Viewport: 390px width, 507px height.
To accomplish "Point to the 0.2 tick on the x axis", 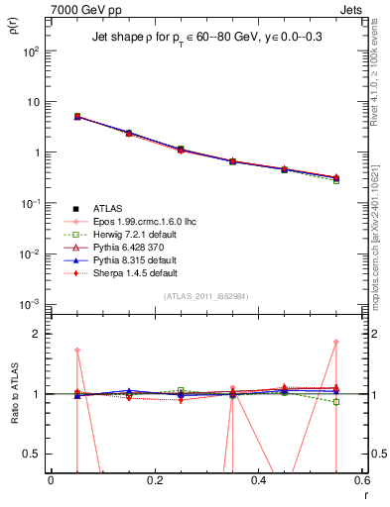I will [x=154, y=480].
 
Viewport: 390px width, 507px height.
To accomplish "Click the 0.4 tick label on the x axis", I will [x=258, y=480].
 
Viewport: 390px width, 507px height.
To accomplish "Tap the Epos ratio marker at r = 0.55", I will [x=336, y=343].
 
